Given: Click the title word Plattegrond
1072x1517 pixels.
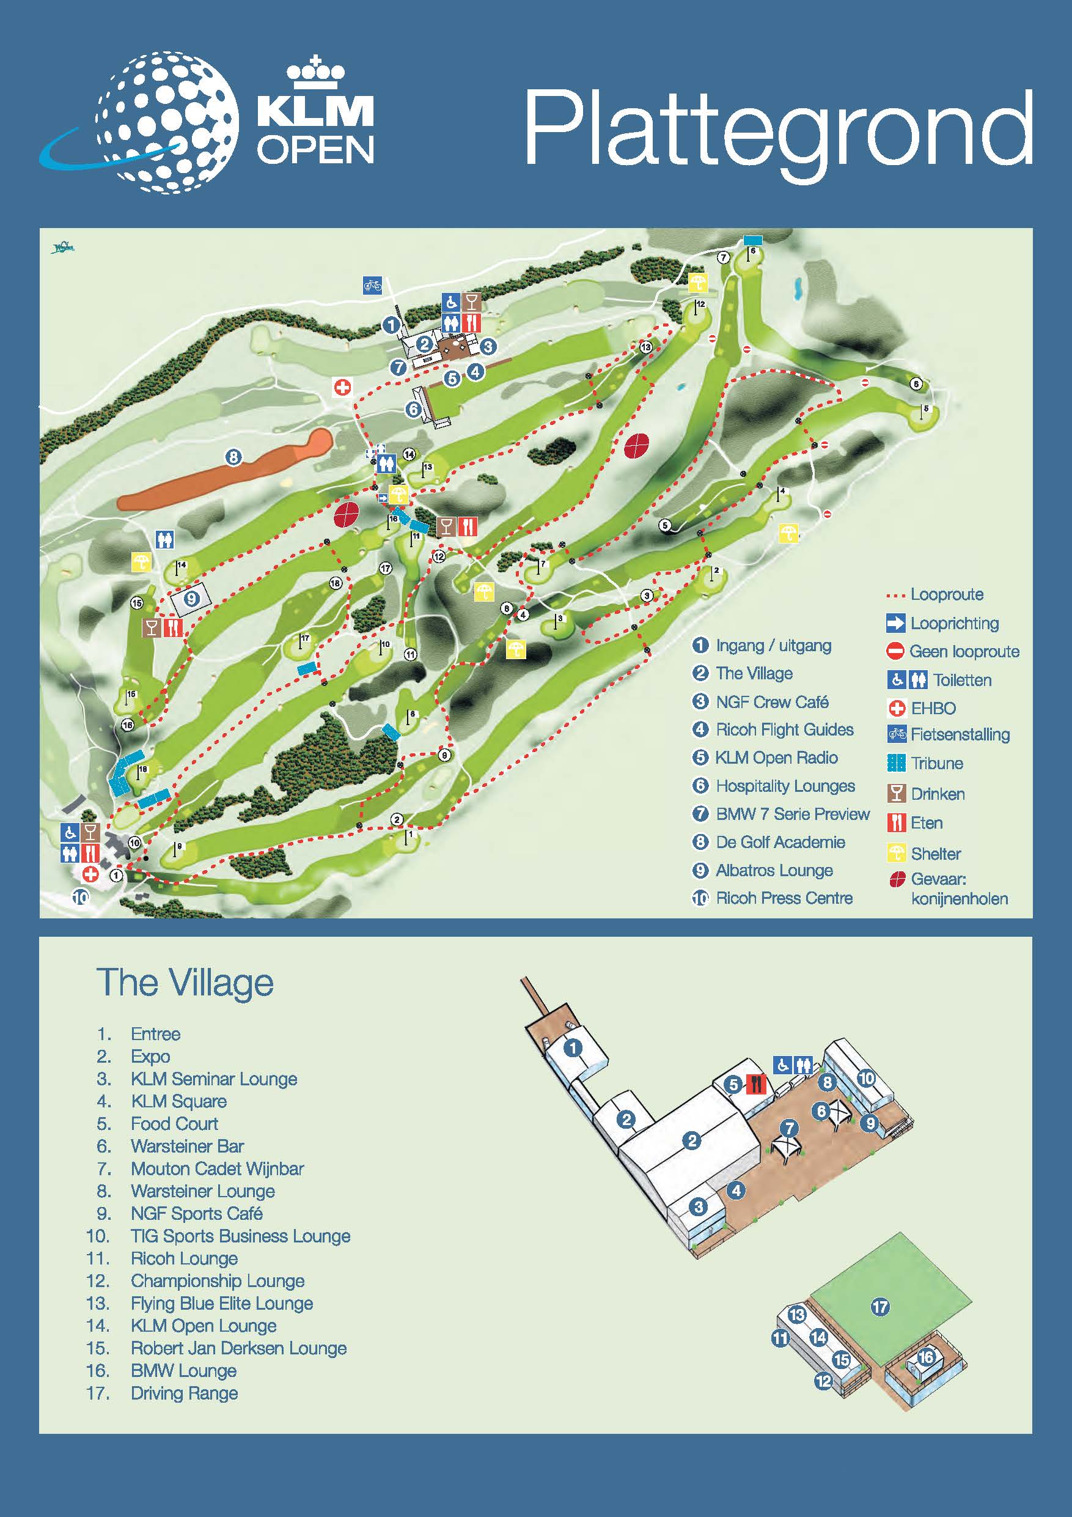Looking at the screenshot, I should [778, 130].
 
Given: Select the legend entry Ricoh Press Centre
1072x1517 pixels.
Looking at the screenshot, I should [784, 898].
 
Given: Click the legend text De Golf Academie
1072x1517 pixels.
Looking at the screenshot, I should [780, 842].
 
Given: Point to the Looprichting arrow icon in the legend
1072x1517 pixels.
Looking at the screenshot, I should [895, 622].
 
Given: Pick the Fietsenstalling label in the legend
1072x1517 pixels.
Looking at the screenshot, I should [960, 734].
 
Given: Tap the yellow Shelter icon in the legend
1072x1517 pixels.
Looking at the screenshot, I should [895, 853].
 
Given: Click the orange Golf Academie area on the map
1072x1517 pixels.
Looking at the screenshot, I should [224, 470].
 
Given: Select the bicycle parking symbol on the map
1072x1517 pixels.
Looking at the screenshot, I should [373, 286].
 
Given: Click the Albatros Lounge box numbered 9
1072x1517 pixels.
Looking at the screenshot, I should [191, 599].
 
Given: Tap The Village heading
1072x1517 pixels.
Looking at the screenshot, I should [185, 983].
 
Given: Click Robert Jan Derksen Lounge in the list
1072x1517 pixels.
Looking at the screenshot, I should [238, 1348].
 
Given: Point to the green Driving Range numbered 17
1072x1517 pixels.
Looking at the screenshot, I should [880, 1306].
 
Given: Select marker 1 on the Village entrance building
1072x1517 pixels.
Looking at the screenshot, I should [573, 1047].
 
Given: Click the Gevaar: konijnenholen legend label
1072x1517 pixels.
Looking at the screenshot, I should [959, 888].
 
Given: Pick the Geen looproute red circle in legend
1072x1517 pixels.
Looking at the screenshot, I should [895, 651].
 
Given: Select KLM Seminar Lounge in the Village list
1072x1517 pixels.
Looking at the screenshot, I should [213, 1079].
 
